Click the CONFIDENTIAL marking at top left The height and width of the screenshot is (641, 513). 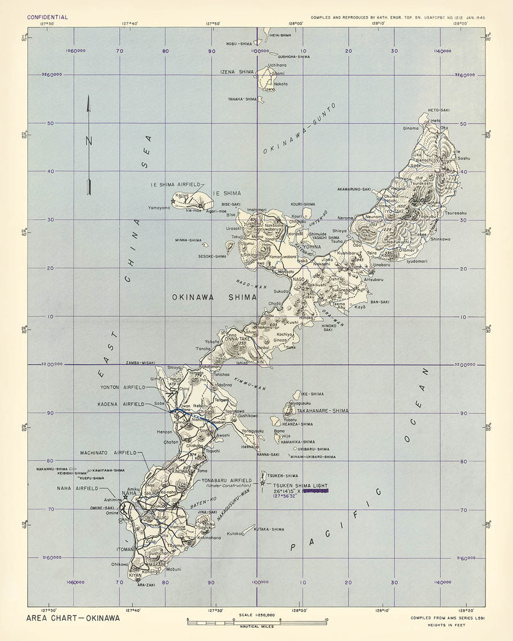click(47, 17)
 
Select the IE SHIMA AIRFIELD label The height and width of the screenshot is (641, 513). click(176, 185)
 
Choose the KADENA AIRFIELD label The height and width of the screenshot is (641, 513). click(123, 404)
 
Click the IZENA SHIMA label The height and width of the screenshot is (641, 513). click(237, 72)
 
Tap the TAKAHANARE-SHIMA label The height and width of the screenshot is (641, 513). click(327, 410)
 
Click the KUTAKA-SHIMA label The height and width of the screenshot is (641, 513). click(269, 529)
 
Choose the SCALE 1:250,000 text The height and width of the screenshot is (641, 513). click(257, 615)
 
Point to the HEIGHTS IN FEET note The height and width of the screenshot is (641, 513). click(445, 625)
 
